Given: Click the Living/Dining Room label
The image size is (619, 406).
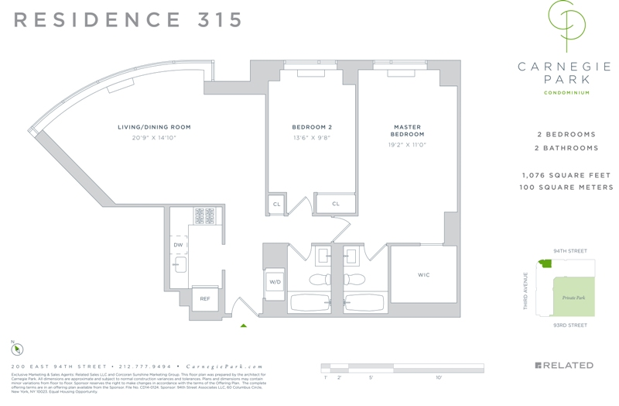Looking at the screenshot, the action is click(x=154, y=127).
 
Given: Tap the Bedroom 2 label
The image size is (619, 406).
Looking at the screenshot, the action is click(x=312, y=127).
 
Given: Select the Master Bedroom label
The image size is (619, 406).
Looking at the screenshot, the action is click(x=408, y=130).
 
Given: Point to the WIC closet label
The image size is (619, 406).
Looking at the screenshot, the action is click(x=423, y=275).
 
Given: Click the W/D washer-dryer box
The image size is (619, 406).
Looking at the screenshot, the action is click(x=275, y=283).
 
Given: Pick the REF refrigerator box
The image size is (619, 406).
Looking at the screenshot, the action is click(x=205, y=298).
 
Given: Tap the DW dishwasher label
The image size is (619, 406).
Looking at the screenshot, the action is click(x=178, y=245).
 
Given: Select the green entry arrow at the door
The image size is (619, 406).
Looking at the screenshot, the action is click(x=244, y=325).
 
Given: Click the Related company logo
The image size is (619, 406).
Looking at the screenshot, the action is click(x=564, y=366).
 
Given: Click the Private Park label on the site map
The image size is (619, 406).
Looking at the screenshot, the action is click(x=573, y=298).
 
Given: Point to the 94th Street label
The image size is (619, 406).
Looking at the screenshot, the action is click(x=570, y=252).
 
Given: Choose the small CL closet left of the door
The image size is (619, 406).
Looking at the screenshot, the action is click(x=276, y=204).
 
